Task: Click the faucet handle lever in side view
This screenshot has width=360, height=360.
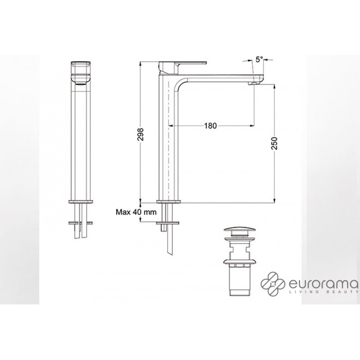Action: pyautogui.click(x=183, y=64)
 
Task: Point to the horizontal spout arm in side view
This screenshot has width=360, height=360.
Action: pyautogui.click(x=221, y=79)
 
